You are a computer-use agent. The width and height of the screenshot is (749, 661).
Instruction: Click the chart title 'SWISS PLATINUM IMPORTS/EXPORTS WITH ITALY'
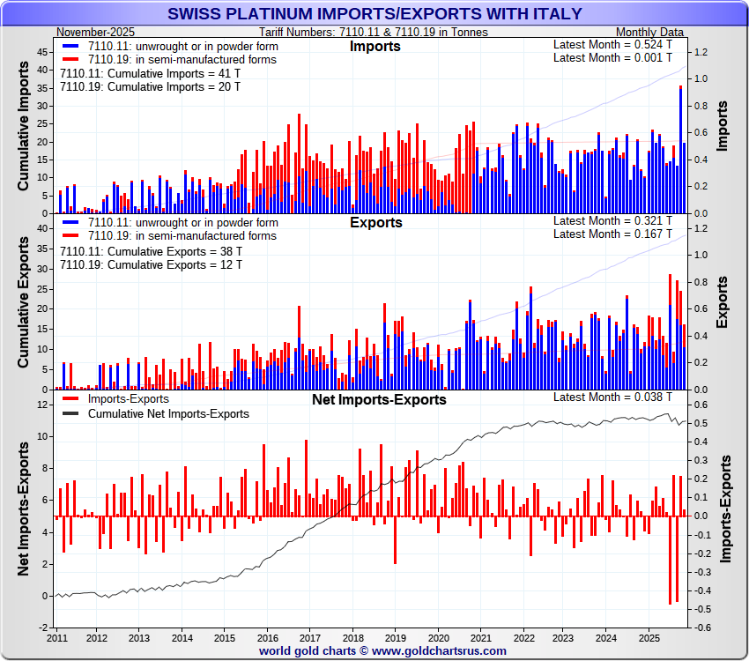pyautogui.click(x=374, y=13)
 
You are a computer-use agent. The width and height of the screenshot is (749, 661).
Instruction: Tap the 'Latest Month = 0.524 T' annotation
pyautogui.click(x=612, y=44)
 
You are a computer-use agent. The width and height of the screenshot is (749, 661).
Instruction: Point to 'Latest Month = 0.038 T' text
pyautogui.click(x=612, y=397)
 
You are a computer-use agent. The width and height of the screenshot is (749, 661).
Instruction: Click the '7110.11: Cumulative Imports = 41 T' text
pyautogui.click(x=150, y=74)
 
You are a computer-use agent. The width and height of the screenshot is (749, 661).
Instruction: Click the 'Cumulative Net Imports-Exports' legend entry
pyautogui.click(x=168, y=413)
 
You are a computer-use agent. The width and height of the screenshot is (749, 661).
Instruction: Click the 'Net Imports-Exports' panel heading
pyautogui.click(x=379, y=400)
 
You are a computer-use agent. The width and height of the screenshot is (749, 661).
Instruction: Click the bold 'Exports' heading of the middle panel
pyautogui.click(x=376, y=223)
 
